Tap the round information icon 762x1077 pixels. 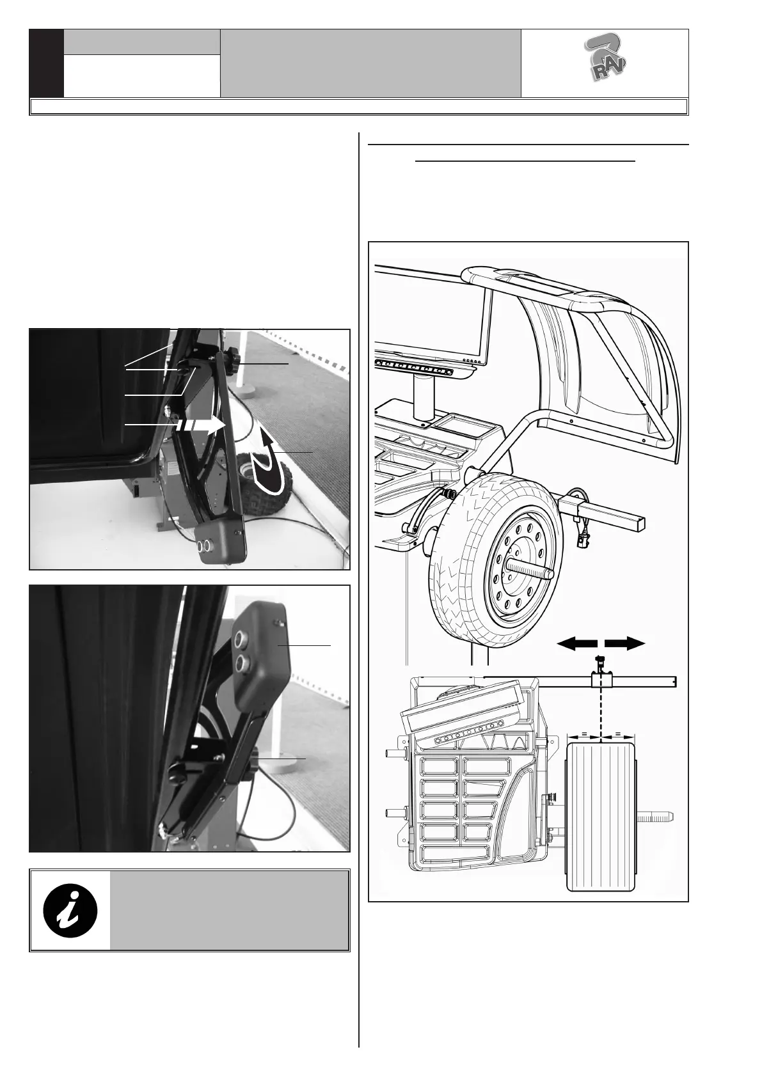[x=70, y=910]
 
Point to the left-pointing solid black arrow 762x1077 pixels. [x=576, y=643]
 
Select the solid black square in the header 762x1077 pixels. [x=47, y=63]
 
